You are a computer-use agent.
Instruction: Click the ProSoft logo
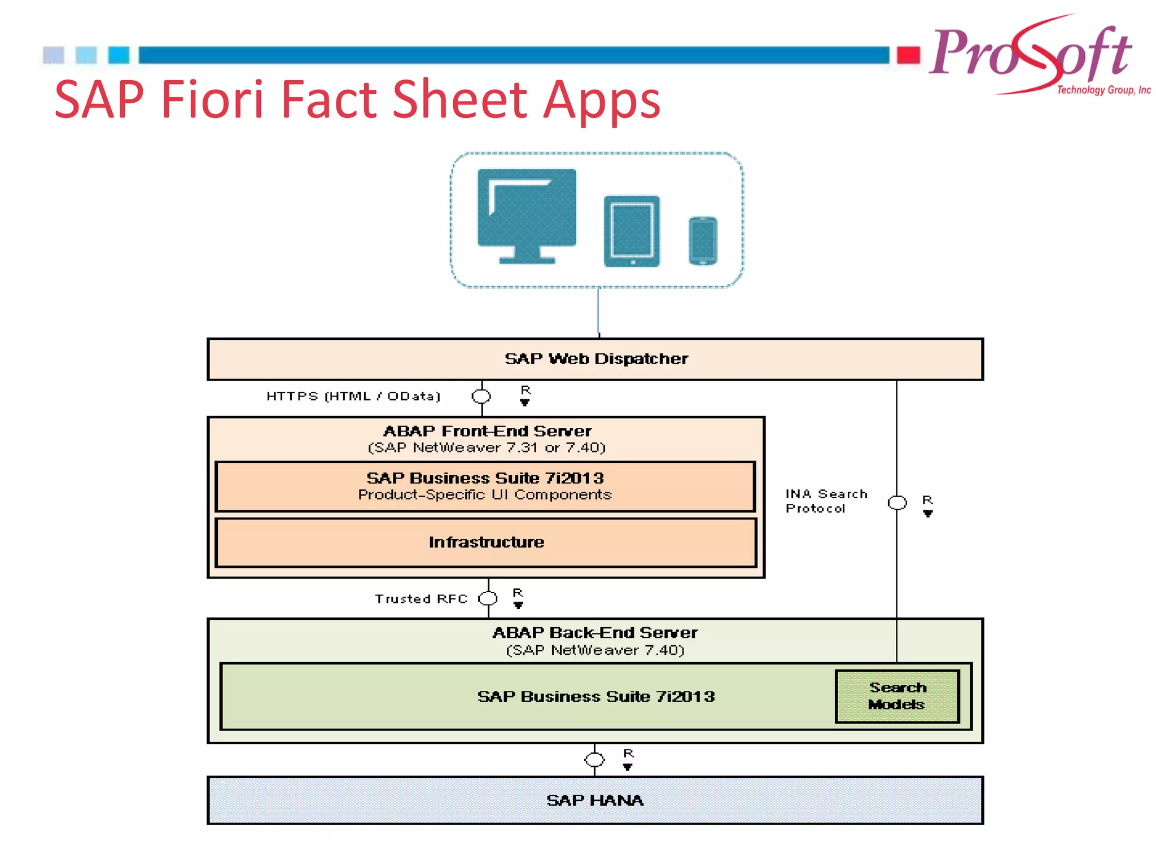tap(1033, 56)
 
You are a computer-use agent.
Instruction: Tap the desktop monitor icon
tap(527, 214)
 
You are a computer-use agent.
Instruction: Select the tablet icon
tap(632, 231)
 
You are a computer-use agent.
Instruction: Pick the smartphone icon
tap(703, 240)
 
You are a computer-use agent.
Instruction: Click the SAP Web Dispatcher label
tap(596, 359)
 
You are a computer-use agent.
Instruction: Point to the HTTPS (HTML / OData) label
tap(353, 396)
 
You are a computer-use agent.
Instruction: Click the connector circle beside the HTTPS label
tap(481, 396)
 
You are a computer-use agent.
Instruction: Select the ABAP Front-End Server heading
tap(487, 431)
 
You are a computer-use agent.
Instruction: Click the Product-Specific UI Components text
tap(485, 495)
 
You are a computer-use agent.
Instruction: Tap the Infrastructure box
tap(486, 542)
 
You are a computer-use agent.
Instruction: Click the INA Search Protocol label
tap(825, 501)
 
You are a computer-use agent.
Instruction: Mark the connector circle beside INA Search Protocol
tap(897, 502)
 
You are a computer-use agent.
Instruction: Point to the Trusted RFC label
tap(421, 599)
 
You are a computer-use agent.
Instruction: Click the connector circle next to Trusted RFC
tap(488, 598)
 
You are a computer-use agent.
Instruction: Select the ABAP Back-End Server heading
tap(595, 633)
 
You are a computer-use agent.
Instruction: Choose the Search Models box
tap(897, 696)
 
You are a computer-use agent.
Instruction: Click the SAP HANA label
tap(595, 800)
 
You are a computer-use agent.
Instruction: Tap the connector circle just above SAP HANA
tap(594, 760)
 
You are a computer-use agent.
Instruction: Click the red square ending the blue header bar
tap(908, 55)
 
